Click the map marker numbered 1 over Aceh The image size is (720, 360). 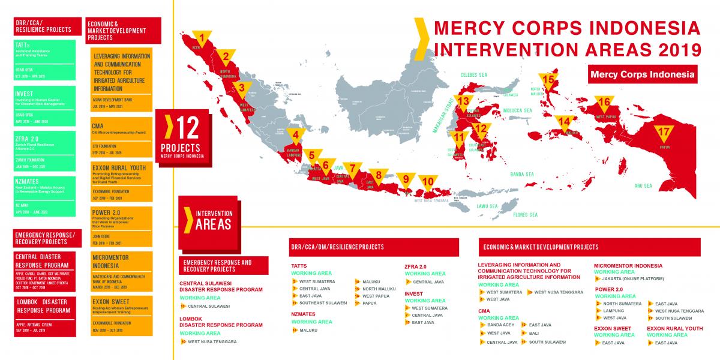tap(202, 38)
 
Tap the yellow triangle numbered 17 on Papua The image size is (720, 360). tap(663, 133)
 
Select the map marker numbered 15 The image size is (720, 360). tap(547, 80)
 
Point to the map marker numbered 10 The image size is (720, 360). tap(427, 182)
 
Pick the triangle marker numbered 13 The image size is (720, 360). tap(463, 101)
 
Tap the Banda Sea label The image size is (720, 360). tap(521, 174)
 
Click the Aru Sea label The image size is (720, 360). tap(643, 186)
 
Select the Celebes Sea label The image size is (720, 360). tap(472, 75)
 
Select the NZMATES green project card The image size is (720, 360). tap(45, 195)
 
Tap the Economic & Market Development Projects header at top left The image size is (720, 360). tap(122, 29)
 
